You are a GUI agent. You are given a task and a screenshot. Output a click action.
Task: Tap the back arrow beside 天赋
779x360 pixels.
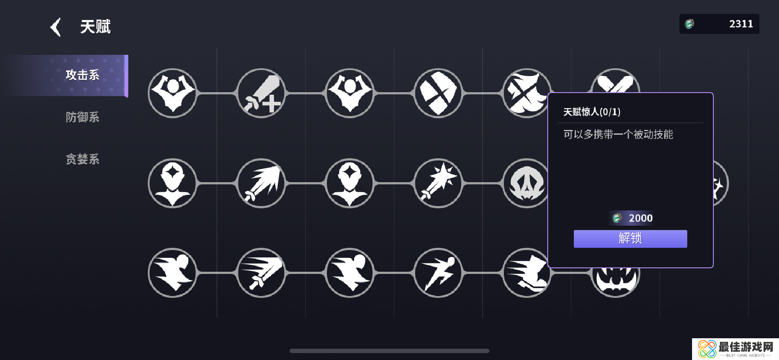click(x=56, y=27)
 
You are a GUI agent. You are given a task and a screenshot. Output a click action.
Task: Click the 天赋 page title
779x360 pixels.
click(x=95, y=27)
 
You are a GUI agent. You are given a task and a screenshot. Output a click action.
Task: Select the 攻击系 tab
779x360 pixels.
click(x=83, y=75)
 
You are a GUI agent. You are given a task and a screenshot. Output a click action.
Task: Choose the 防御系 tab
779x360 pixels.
click(x=83, y=117)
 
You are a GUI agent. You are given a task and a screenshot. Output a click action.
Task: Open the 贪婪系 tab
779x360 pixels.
click(x=83, y=159)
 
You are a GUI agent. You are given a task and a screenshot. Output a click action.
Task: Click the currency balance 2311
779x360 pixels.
click(x=741, y=24)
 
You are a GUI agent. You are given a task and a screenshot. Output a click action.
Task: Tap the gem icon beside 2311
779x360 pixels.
click(x=689, y=24)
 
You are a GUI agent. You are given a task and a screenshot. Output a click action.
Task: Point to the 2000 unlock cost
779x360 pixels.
click(x=640, y=218)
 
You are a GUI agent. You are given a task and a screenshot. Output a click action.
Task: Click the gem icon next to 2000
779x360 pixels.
click(x=617, y=218)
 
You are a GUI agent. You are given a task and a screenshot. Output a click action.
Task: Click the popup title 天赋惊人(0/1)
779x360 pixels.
click(x=592, y=112)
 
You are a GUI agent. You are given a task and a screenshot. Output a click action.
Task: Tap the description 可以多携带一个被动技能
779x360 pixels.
click(x=618, y=134)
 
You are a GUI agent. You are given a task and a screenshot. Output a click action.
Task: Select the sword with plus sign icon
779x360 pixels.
click(x=261, y=93)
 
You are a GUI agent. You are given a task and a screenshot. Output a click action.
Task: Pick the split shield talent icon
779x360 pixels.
click(x=438, y=93)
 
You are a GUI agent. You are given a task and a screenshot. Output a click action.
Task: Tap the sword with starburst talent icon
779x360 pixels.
click(x=438, y=183)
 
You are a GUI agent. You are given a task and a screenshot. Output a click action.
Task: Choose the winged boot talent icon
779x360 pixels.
click(x=527, y=273)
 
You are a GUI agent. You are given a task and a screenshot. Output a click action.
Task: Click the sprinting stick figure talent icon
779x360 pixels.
click(x=438, y=273)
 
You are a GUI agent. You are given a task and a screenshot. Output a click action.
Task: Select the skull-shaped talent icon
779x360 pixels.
click(x=527, y=183)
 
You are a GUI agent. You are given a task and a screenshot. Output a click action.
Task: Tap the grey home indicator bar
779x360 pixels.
click(x=389, y=351)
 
